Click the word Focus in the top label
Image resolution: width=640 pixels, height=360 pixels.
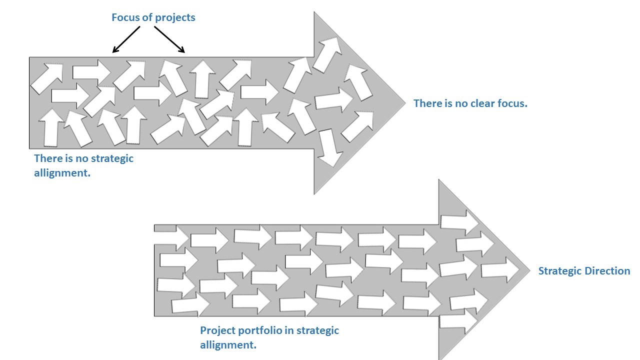tap(125, 17)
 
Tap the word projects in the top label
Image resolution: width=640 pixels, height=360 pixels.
tap(175, 18)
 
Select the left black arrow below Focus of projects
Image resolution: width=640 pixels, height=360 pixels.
tap(126, 39)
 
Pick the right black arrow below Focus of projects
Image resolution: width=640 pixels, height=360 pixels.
tap(169, 39)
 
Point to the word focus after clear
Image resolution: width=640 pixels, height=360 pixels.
tap(511, 104)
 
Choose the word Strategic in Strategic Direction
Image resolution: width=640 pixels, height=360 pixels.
tap(559, 271)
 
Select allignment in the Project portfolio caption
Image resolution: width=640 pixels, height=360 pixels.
tap(228, 345)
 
